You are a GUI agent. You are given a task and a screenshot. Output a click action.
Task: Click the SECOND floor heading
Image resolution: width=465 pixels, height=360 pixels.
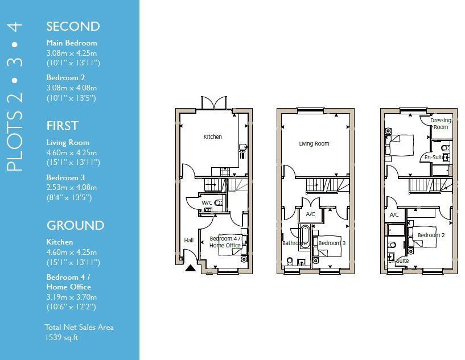coord(73,26)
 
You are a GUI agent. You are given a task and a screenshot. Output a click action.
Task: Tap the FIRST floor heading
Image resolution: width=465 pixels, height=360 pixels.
coord(62,126)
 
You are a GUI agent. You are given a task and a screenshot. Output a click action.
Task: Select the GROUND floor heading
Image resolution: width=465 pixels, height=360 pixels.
coord(75,225)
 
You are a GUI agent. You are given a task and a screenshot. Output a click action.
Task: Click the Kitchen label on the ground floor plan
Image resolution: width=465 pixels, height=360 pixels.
coord(213,136)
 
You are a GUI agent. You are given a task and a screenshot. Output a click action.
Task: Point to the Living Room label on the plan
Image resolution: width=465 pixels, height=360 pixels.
coord(314,144)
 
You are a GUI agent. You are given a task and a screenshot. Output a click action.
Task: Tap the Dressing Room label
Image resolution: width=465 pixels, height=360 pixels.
coord(441,123)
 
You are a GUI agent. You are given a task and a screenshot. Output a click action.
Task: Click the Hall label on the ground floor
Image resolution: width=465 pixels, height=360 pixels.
coord(189,241)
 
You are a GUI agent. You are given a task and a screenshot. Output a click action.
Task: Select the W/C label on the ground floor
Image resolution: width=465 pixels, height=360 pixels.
coord(207,202)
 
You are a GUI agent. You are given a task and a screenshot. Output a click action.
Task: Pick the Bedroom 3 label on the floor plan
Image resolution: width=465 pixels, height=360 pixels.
coord(332,243)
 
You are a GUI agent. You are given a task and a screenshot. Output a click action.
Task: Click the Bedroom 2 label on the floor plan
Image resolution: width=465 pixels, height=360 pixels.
coord(431,235)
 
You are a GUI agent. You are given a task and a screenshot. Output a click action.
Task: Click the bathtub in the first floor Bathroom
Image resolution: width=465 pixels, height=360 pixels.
coord(304,235)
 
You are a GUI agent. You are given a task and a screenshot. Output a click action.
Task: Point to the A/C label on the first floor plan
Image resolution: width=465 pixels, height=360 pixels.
coord(310,214)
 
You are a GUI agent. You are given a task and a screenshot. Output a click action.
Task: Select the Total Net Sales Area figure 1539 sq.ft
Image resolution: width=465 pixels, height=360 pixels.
coord(62,337)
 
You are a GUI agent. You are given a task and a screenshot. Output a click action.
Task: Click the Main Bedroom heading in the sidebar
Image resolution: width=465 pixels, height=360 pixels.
coord(72,43)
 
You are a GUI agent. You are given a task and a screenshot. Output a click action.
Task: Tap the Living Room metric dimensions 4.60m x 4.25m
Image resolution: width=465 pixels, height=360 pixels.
coord(72,152)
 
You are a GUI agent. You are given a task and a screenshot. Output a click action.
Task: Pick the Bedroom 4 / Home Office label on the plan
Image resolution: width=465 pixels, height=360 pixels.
coord(225,242)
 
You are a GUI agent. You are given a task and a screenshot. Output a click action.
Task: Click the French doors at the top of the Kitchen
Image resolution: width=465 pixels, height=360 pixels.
coord(214,103)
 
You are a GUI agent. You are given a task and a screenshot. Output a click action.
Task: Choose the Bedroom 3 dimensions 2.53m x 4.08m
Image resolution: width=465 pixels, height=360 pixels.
coord(72,187)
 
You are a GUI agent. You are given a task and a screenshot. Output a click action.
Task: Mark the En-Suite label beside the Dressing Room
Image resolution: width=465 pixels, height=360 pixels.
coord(434,158)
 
